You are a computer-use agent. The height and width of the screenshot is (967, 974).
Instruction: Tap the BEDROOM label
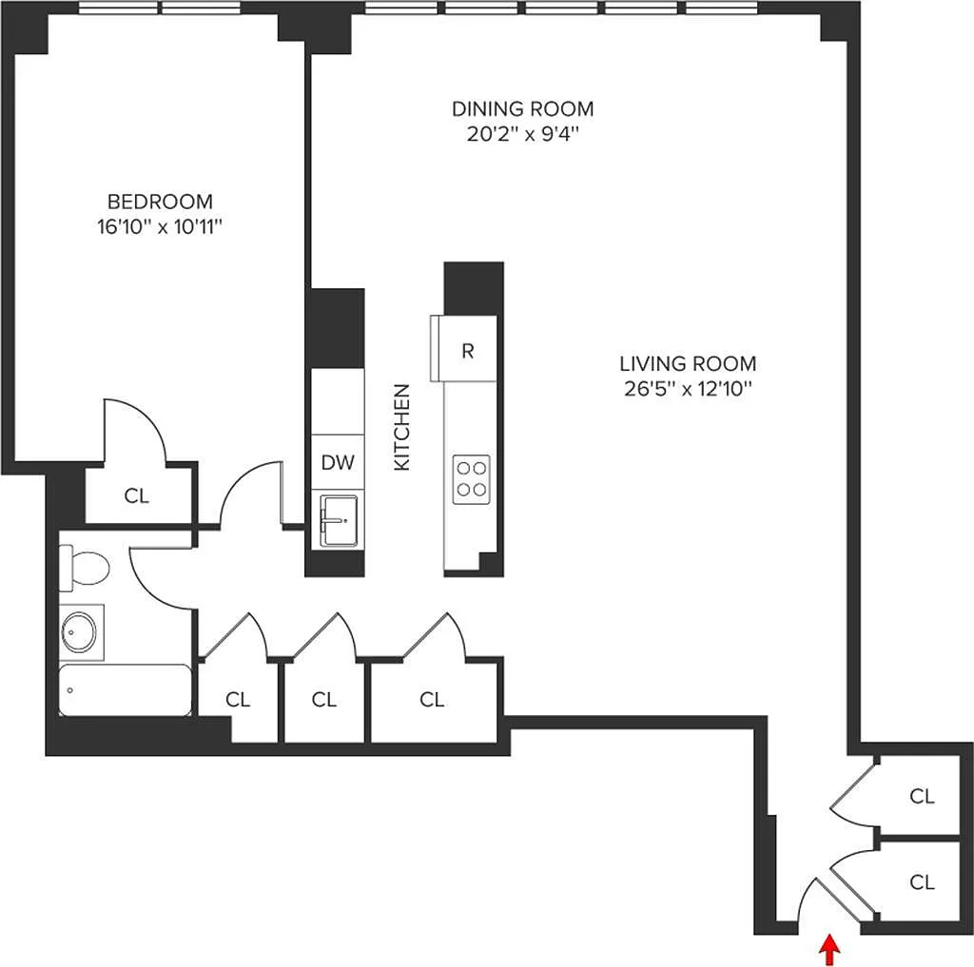160,202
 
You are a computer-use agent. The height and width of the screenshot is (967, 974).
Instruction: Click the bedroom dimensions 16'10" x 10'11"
160,226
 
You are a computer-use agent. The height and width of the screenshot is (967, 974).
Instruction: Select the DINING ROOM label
522,108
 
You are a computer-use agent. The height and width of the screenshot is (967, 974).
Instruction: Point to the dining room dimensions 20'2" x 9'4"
522,133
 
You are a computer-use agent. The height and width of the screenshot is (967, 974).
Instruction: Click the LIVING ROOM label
688,363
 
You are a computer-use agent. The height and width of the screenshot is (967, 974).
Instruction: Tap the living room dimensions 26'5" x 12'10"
688,389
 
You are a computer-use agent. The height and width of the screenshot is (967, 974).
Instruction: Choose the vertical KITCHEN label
402,427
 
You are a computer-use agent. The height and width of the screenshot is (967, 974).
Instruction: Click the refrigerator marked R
464,348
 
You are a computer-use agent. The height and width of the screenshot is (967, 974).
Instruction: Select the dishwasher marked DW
338,461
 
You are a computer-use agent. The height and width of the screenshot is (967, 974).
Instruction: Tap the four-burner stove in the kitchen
472,479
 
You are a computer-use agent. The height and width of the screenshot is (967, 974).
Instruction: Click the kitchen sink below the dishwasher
339,520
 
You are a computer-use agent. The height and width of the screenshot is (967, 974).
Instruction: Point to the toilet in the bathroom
84,568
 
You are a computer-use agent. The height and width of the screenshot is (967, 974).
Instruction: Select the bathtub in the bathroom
125,690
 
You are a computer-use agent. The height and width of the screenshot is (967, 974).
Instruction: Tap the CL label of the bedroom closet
137,495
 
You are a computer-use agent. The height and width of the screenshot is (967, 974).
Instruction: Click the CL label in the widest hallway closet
432,699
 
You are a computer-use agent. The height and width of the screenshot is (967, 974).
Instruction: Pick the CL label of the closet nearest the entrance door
922,881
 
